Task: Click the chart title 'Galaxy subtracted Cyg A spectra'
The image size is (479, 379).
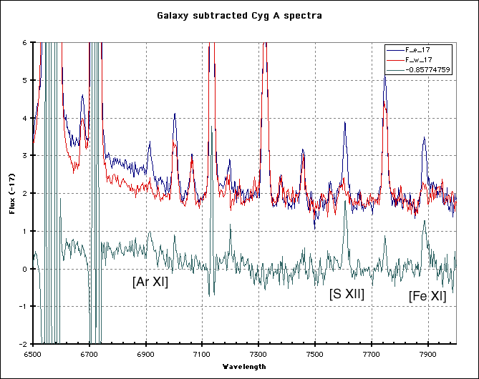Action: (239, 15)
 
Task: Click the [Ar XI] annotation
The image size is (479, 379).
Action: (150, 282)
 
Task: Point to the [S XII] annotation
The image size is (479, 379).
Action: (347, 294)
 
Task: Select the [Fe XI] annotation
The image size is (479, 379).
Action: (427, 296)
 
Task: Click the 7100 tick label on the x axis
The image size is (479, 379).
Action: (202, 353)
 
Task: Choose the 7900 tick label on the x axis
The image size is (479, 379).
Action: (427, 353)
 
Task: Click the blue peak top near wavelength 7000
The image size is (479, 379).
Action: (174, 114)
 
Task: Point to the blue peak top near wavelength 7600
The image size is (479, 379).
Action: (344, 122)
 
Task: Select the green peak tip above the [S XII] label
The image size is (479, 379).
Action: (345, 202)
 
